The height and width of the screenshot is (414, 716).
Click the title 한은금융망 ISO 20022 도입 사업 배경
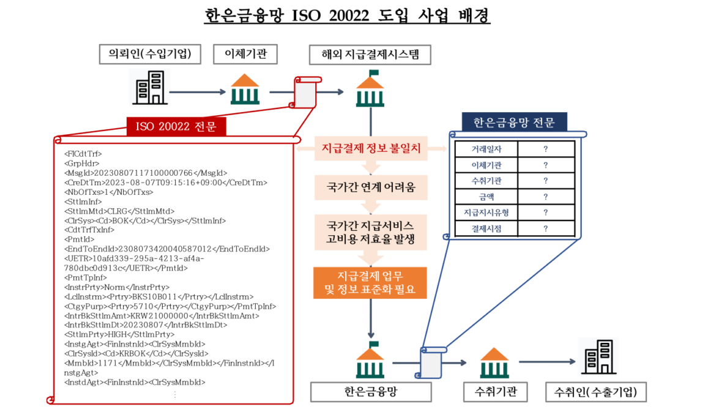[x=347, y=16]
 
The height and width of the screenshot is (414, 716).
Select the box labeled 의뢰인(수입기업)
[x=150, y=55]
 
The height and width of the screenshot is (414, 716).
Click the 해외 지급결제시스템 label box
[x=370, y=55]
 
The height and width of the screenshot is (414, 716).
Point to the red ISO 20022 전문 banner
[x=176, y=126]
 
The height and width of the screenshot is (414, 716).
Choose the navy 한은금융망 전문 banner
[x=513, y=122]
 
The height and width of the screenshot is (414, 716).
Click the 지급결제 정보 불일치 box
[x=371, y=149]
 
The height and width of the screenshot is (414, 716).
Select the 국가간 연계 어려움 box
[x=371, y=187]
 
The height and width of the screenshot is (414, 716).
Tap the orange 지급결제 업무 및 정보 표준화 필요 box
[x=371, y=282]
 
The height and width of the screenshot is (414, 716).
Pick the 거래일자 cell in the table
[x=487, y=149]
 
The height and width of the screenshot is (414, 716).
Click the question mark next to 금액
[x=545, y=197]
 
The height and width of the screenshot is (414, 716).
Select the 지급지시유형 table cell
[x=487, y=213]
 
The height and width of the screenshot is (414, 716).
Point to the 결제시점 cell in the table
[x=487, y=229]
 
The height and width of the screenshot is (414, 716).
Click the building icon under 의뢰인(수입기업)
[x=149, y=88]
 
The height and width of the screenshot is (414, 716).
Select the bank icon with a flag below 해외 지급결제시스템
[x=370, y=90]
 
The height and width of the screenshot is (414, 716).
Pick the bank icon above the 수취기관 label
[x=494, y=363]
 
